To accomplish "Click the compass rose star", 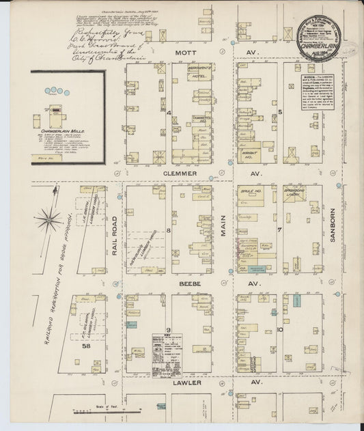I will point(48,219).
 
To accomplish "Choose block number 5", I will point(280,112).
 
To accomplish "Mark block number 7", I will point(280,230).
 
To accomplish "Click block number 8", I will point(167,230).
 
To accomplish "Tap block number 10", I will point(280,330).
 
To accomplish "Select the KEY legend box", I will point(167,352).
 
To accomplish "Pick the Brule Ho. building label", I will point(247,193).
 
